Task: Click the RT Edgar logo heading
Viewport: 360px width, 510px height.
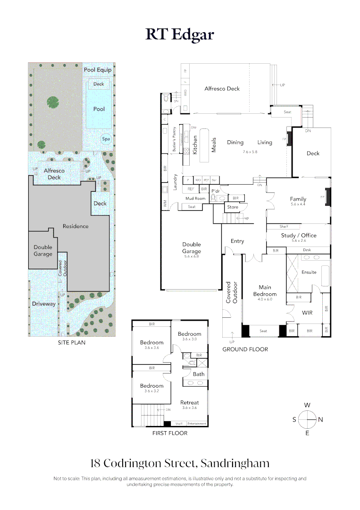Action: coord(180,34)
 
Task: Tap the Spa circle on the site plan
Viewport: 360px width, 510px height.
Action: coord(106,139)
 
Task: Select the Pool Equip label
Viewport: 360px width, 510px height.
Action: coord(98,70)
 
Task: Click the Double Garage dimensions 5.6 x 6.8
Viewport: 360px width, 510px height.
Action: coord(192,256)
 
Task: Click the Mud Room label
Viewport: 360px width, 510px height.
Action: coord(195,199)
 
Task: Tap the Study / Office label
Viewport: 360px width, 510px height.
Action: coord(299,235)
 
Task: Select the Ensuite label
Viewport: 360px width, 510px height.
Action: coord(309,272)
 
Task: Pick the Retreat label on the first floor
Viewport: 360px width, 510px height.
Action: coord(190,402)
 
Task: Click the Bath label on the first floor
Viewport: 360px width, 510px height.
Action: coord(199,374)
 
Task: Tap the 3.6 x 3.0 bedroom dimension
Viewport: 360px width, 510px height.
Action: coord(189,339)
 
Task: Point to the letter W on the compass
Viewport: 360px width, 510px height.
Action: coord(307,405)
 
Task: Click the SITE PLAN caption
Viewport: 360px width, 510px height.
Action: coord(72,342)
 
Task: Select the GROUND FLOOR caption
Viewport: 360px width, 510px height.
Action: coord(245,349)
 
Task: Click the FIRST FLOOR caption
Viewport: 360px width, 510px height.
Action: coord(169,433)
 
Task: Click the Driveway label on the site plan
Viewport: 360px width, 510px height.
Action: coord(44,304)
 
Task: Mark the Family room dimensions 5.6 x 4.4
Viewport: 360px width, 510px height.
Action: coord(298,204)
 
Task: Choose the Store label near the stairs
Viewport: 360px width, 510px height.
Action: coord(233,207)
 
